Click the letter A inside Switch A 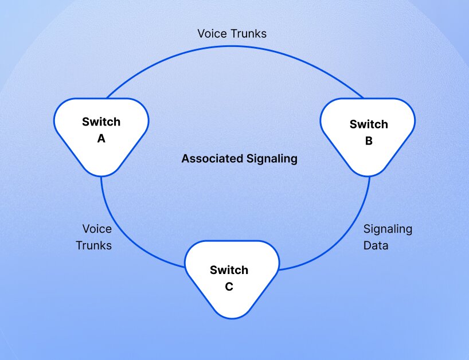(x=101, y=138)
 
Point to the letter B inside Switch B (x=369, y=141)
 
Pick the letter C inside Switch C (x=229, y=287)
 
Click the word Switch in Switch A (x=101, y=122)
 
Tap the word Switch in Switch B (x=369, y=124)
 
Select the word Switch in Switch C (x=229, y=270)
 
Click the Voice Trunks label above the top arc (x=232, y=33)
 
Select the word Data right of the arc (x=376, y=246)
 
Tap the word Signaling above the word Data (x=388, y=229)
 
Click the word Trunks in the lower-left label (x=94, y=246)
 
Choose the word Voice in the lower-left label (x=97, y=229)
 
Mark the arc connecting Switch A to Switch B (x=235, y=45)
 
